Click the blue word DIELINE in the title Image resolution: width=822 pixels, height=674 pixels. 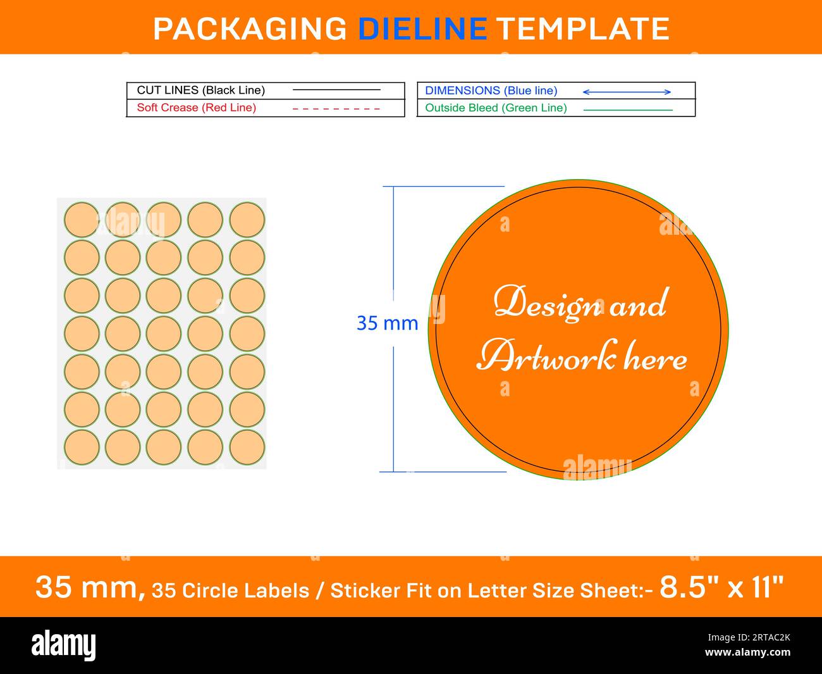(x=422, y=29)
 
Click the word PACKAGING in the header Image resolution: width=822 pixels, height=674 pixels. (x=250, y=29)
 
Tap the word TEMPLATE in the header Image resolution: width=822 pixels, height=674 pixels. (x=584, y=29)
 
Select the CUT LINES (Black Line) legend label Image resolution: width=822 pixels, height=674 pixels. (x=200, y=90)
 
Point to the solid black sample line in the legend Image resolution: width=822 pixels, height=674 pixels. (x=336, y=90)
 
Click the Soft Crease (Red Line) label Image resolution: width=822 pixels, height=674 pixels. (x=197, y=108)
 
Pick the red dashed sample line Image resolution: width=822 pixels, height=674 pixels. (x=336, y=109)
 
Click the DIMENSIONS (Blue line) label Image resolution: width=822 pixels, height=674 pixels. (x=491, y=91)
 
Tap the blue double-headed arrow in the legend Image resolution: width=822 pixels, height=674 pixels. (x=627, y=92)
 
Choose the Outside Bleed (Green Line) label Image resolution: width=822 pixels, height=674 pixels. (x=496, y=108)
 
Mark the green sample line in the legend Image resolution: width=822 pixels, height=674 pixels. (x=628, y=110)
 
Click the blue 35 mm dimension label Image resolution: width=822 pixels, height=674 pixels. (x=388, y=323)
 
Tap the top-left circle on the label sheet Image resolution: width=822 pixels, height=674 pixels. (x=82, y=220)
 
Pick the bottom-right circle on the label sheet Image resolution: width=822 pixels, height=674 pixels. (x=247, y=447)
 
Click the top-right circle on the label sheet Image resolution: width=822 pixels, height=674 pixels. (x=247, y=220)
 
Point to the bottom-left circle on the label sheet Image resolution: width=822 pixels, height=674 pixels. (x=82, y=447)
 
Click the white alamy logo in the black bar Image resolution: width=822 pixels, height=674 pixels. (x=63, y=645)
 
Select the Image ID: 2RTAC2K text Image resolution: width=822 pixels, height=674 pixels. (x=749, y=637)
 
